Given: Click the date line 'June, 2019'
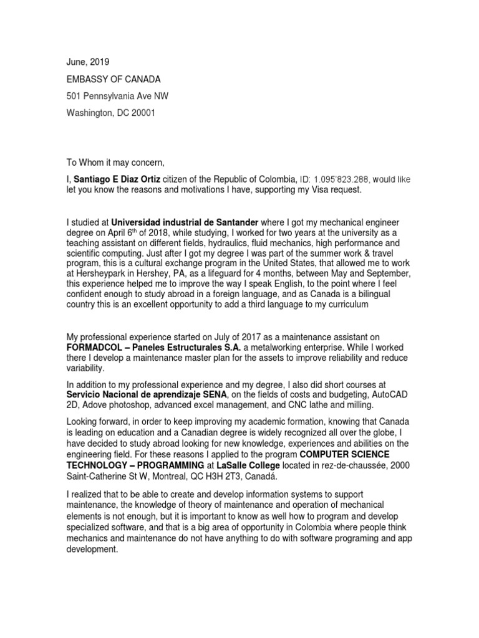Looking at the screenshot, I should pyautogui.click(x=87, y=62).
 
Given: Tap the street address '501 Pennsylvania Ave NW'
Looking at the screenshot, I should pyautogui.click(x=117, y=96).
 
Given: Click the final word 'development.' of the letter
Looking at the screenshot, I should pyautogui.click(x=92, y=551).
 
